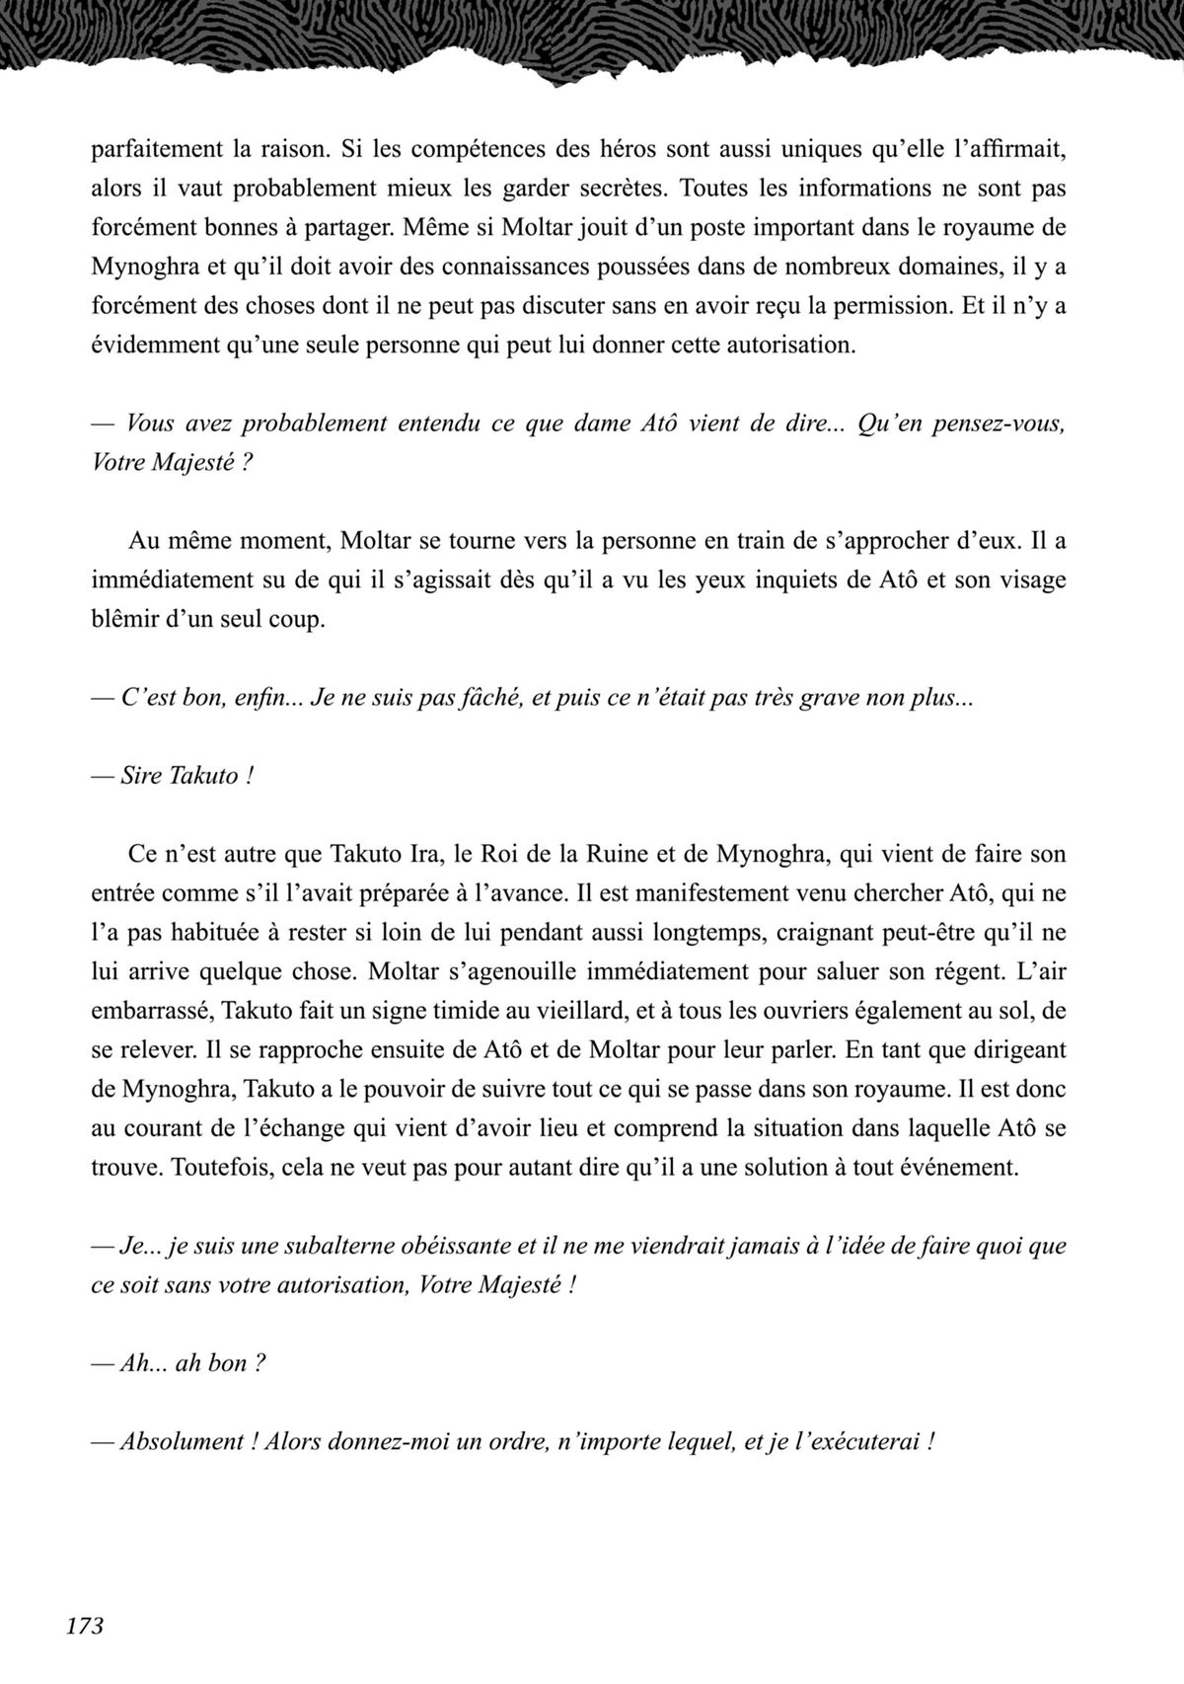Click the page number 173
coord(85,1625)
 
